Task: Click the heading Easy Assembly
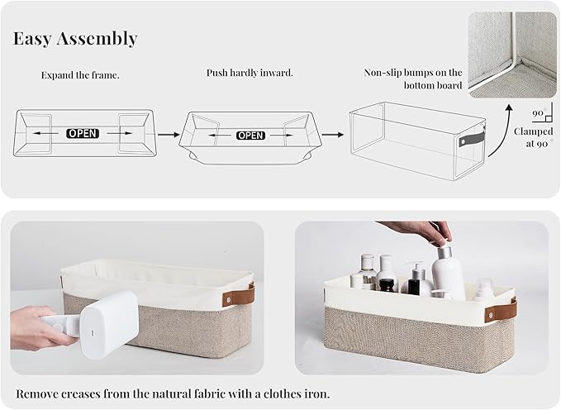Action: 75,39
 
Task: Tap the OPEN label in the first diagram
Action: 83,134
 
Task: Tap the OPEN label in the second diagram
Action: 251,136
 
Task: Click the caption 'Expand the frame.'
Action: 80,75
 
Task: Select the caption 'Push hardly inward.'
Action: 250,73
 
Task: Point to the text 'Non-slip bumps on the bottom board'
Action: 413,79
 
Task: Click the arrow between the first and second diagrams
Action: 169,135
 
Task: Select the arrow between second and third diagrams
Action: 333,135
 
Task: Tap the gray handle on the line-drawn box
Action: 472,140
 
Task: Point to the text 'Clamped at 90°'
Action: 533,137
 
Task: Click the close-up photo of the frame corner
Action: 512,55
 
